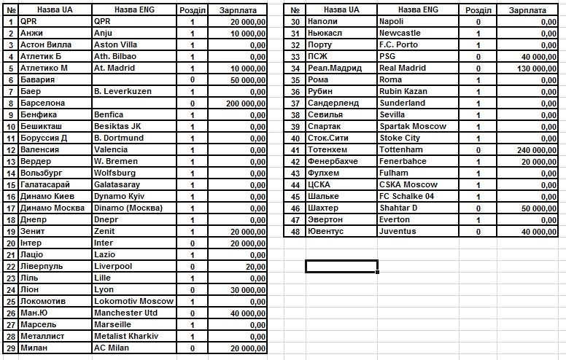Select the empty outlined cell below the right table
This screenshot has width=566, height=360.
click(x=341, y=266)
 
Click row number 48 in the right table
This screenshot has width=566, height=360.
click(x=295, y=231)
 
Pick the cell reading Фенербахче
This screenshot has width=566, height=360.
click(x=333, y=161)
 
